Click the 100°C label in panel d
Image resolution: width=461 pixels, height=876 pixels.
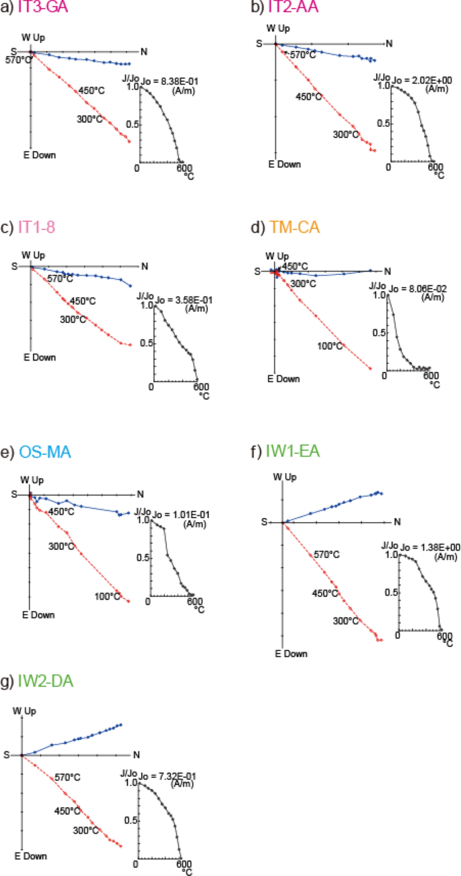330,346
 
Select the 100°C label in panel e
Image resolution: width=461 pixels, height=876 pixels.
108,577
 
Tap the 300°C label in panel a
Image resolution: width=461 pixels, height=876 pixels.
89,119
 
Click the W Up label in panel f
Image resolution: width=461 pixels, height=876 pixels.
285,458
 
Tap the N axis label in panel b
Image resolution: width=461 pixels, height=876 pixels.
388,44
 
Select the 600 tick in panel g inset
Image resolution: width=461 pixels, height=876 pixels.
182,863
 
